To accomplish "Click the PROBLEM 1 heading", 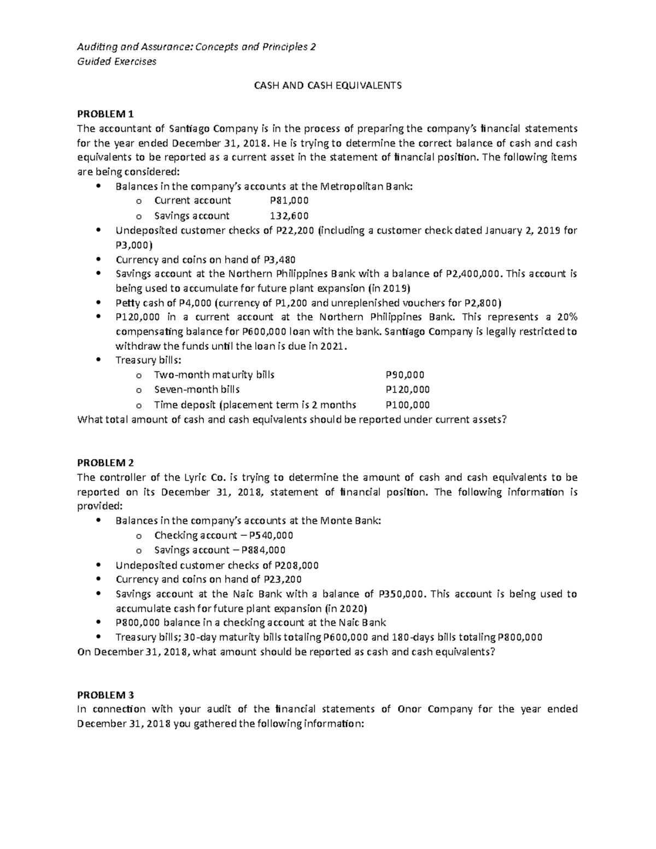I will coord(105,114).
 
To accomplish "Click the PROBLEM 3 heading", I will coord(105,695).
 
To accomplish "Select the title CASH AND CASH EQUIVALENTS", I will coord(327,85).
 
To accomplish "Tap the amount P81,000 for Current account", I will coord(286,201).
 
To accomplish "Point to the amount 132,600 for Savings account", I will coord(289,215).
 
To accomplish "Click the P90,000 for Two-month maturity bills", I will coord(405,375).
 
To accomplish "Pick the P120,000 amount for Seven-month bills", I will coord(407,390).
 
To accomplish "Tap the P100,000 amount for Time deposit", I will coord(407,405).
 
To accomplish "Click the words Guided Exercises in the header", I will coord(116,61).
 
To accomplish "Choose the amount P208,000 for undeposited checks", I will coord(296,565).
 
